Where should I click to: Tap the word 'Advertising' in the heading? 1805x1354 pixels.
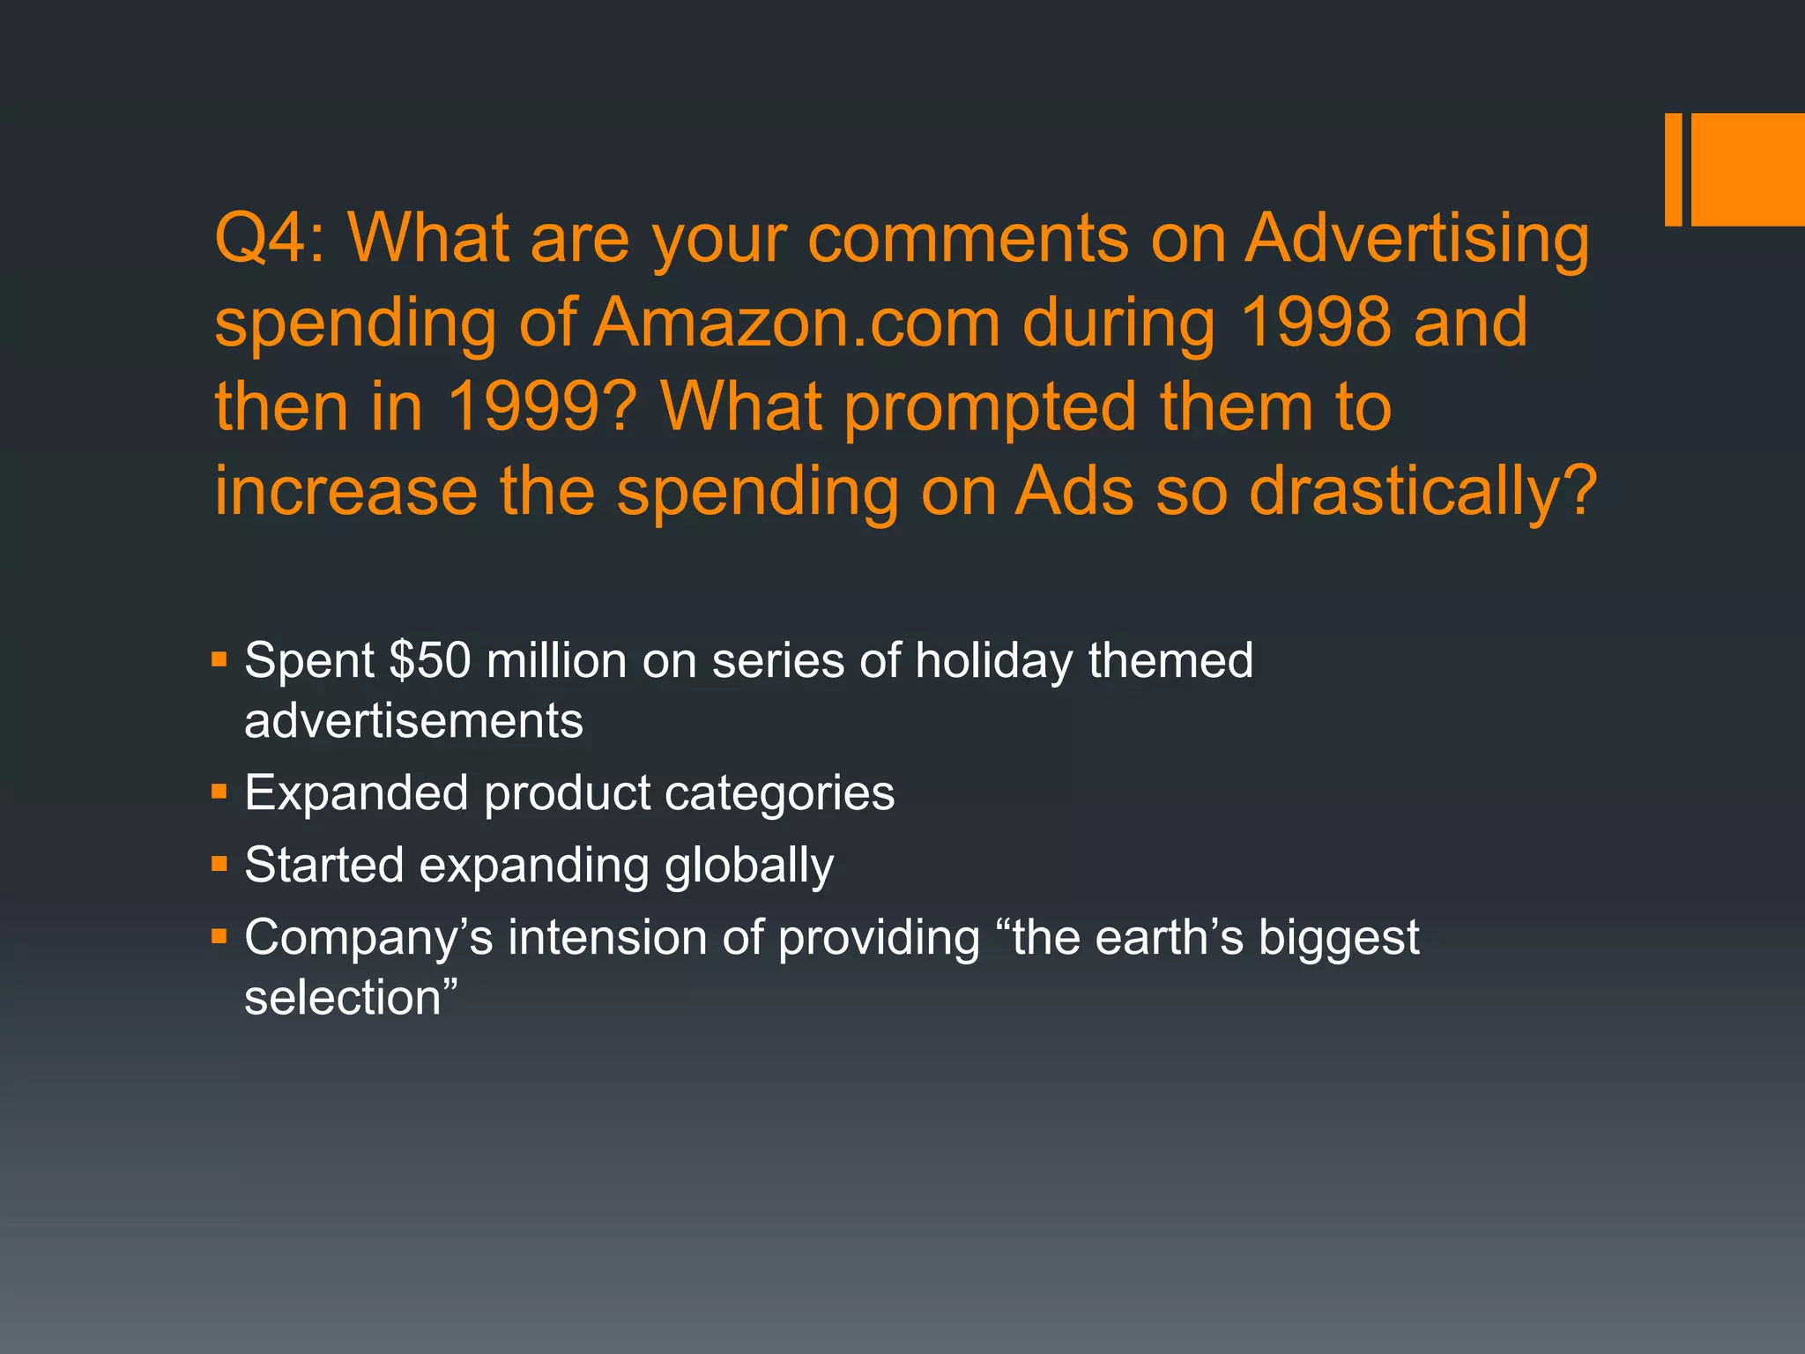coord(1416,240)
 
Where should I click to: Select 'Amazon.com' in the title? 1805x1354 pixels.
coord(797,323)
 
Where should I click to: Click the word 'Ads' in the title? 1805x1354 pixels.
coord(1074,491)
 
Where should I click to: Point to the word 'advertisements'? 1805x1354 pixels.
coord(413,721)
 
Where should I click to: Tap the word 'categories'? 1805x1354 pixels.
coord(779,793)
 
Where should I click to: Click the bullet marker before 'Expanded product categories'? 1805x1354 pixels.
coord(219,791)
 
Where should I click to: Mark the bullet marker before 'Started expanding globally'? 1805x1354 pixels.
coord(219,863)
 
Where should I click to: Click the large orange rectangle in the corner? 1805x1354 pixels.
coord(1747,169)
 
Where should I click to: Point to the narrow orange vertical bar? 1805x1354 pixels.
coord(1673,169)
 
